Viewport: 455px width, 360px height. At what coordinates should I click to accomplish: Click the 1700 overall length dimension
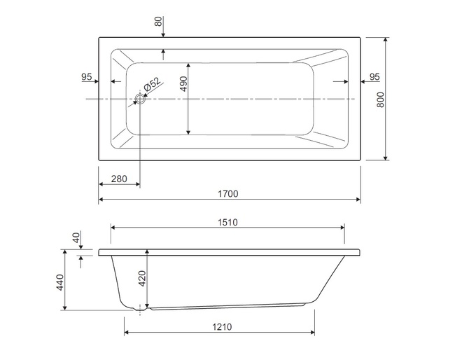[x=228, y=193]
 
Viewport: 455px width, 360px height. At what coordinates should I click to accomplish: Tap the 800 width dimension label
[x=380, y=99]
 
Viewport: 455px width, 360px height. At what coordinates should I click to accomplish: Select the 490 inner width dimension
[x=183, y=84]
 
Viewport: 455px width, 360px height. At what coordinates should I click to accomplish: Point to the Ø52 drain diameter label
[x=152, y=85]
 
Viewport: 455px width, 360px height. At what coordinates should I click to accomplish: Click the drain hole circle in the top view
[x=141, y=99]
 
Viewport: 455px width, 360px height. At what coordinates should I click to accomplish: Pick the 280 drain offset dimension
[x=119, y=179]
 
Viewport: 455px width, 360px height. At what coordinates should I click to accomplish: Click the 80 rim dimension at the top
[x=158, y=22]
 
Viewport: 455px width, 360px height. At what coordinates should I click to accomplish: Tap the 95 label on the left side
[x=87, y=77]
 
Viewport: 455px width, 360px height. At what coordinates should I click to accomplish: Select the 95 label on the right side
[x=374, y=77]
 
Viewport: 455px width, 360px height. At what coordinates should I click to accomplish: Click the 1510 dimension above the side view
[x=227, y=223]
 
